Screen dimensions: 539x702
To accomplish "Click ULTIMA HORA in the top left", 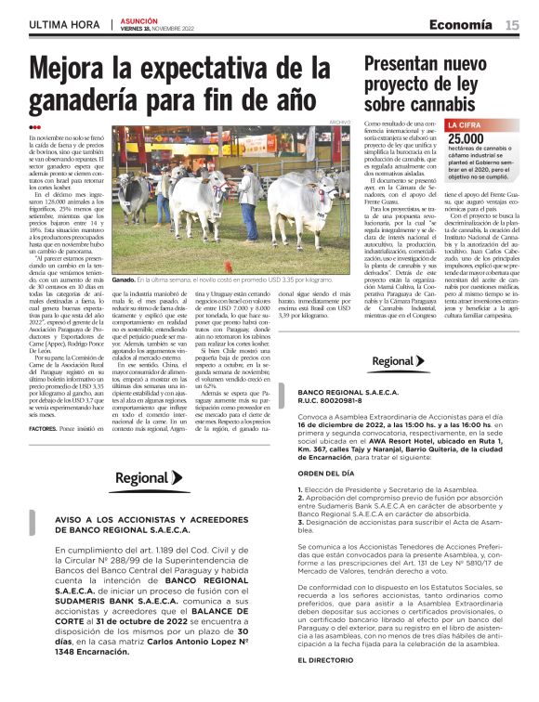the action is click(x=64, y=23).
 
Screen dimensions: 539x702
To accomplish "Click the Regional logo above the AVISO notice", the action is click(x=148, y=479).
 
